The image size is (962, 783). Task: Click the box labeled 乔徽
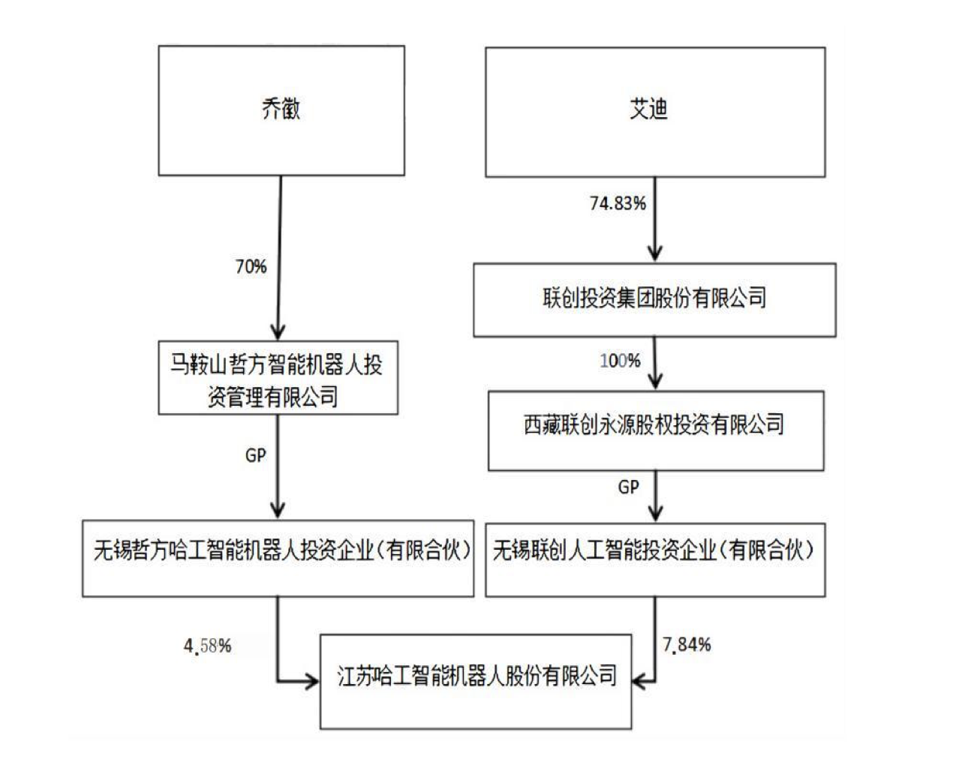point(281,110)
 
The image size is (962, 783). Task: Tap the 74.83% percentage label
point(618,203)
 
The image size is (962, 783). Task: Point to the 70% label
point(251,266)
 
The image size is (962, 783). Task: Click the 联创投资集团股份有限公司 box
point(654,299)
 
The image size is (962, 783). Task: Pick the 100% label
point(621,361)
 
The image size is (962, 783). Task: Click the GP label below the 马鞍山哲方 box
point(256,455)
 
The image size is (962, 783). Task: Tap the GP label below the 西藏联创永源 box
point(629,487)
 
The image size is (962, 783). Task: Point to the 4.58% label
point(208,645)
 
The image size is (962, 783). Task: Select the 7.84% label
point(687,644)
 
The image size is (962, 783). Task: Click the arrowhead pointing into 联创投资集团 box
point(655,253)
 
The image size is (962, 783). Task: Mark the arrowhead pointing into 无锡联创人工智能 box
point(655,513)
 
